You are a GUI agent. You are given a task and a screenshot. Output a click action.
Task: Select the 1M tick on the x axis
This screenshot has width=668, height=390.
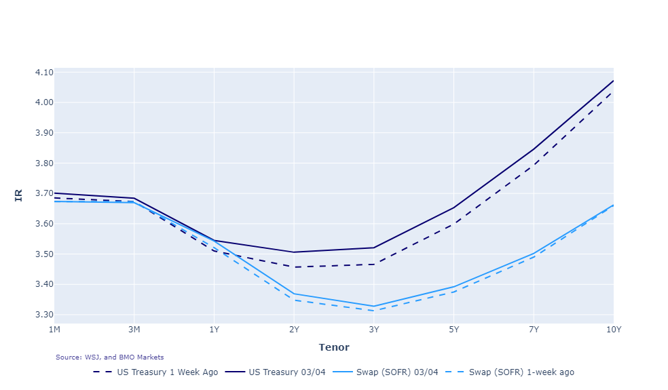pyautogui.click(x=54, y=330)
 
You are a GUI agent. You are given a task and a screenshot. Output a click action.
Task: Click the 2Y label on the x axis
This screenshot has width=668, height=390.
pyautogui.click(x=294, y=330)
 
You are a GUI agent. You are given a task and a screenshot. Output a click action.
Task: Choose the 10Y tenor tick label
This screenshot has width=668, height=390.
pyautogui.click(x=613, y=330)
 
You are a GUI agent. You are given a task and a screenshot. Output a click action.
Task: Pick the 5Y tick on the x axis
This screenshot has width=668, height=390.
pyautogui.click(x=453, y=330)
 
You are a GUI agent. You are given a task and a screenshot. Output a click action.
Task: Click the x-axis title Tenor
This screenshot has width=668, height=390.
pyautogui.click(x=333, y=347)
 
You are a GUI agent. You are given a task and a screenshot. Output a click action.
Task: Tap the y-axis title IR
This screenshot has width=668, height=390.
pyautogui.click(x=19, y=195)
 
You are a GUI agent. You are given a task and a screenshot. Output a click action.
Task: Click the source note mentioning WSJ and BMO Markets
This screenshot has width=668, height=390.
pyautogui.click(x=109, y=357)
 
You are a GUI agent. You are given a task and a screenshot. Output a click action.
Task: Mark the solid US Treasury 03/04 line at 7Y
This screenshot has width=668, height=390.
pyautogui.click(x=534, y=149)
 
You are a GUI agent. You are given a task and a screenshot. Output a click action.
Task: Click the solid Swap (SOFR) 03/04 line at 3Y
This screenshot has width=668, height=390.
pyautogui.click(x=374, y=306)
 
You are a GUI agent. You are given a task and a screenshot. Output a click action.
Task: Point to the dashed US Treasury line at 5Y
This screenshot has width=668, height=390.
pyautogui.click(x=453, y=225)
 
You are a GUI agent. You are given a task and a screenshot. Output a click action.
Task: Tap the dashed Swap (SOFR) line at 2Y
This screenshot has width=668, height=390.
pyautogui.click(x=294, y=300)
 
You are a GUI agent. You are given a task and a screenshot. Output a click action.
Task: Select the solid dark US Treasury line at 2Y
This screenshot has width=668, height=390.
pyautogui.click(x=294, y=252)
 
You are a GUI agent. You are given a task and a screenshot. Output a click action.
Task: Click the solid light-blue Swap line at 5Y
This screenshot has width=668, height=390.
pyautogui.click(x=453, y=287)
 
